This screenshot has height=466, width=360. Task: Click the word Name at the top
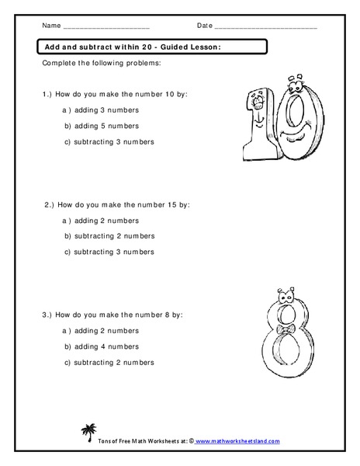point(51,26)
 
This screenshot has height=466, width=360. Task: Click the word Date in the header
point(204,26)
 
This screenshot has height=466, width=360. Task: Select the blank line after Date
point(265,28)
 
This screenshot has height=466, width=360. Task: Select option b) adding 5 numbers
point(102,125)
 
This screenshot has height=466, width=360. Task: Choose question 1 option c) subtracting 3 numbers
point(109,141)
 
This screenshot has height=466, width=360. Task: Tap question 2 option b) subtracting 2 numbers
point(109,235)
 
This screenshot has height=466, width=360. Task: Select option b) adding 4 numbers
point(102,346)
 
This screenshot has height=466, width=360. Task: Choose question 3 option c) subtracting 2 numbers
point(109,362)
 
